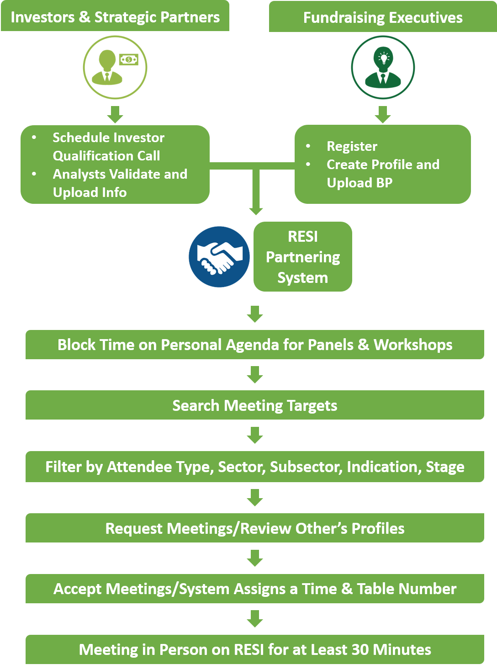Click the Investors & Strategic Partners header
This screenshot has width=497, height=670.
(115, 17)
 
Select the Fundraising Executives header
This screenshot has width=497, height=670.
(383, 18)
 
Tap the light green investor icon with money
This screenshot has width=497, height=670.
(115, 67)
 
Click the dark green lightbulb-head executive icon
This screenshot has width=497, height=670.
(383, 67)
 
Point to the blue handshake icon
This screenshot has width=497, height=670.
(219, 257)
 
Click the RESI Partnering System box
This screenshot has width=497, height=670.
(303, 257)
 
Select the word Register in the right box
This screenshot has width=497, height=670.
(352, 146)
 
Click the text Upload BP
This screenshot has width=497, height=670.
(360, 183)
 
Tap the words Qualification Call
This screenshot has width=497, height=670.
(106, 156)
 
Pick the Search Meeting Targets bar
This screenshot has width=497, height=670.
(254, 405)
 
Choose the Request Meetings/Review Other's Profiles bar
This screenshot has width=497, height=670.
(254, 528)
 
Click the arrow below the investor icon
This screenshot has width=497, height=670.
(115, 114)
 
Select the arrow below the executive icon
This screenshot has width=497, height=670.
(383, 114)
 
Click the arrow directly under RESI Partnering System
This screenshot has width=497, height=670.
(255, 314)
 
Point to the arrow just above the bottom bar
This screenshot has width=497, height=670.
(255, 619)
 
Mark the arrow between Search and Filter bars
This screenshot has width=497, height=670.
(255, 435)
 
